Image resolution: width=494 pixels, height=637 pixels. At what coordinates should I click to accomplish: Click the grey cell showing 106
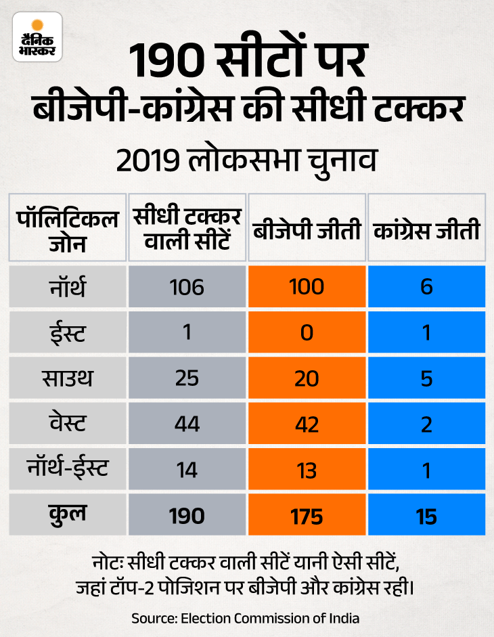click(187, 286)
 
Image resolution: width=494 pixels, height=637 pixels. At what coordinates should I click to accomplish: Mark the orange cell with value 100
click(307, 286)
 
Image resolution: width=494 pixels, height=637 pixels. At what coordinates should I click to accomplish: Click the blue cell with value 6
click(427, 286)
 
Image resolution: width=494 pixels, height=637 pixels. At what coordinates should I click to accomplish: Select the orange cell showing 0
click(307, 332)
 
